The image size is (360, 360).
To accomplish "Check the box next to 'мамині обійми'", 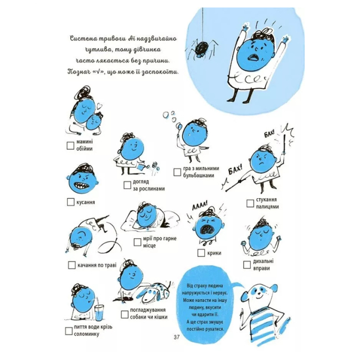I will coord(70,146).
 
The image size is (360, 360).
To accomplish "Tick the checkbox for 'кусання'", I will coord(70,202).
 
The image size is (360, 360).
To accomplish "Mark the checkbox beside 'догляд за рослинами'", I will coord(121,184).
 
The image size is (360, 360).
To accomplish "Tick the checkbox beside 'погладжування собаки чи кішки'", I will coord(121,311).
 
